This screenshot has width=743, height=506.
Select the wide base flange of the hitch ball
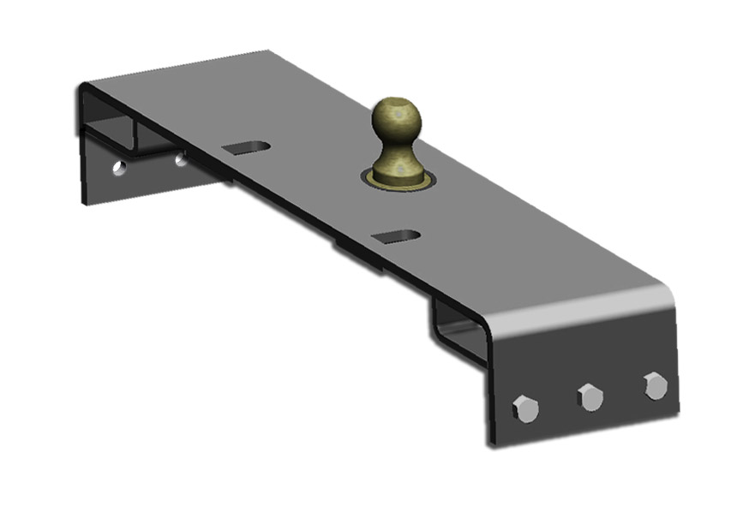click(x=396, y=174)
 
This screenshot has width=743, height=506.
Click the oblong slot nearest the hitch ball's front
click(x=397, y=235)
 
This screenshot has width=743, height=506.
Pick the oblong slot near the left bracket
click(x=246, y=147)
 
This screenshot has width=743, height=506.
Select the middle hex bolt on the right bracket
click(x=590, y=396)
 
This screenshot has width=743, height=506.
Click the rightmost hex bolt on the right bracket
click(x=656, y=385)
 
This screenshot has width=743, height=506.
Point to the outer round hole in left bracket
click(x=119, y=167)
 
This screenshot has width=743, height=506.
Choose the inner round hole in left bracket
click(x=181, y=159)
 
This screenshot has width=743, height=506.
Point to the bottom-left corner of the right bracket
click(x=491, y=443)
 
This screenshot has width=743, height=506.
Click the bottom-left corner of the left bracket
click(x=84, y=202)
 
